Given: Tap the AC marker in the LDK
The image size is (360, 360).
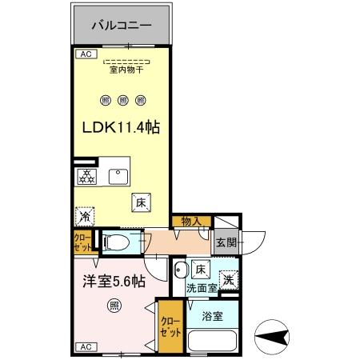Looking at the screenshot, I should [84, 54].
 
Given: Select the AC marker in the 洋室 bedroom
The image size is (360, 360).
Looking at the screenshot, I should [84, 347].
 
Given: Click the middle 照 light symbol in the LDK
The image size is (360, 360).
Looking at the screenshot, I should [123, 100].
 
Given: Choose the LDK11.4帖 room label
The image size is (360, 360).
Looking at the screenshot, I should [122, 130].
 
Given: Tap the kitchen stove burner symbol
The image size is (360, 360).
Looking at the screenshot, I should [86, 176].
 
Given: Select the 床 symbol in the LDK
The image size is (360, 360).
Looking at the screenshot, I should [139, 203].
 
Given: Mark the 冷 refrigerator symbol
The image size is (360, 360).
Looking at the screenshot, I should [84, 216].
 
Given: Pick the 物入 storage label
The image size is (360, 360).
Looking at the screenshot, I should [191, 221].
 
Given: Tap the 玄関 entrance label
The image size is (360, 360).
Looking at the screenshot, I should [225, 242].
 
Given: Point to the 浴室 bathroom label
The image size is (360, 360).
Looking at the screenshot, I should [212, 315].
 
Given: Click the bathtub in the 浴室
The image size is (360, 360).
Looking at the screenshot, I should [211, 340].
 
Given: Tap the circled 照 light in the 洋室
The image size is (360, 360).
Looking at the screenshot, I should [114, 305].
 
